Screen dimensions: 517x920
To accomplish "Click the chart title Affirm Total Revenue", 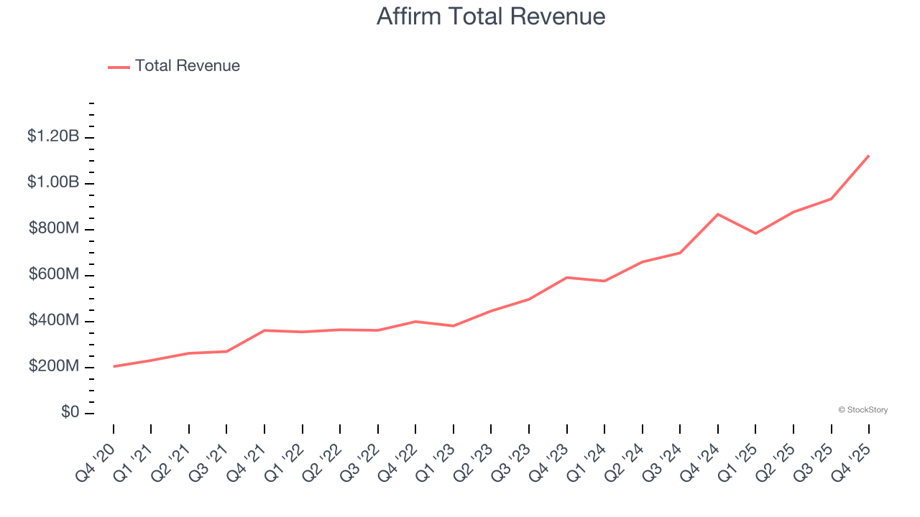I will coord(490,16).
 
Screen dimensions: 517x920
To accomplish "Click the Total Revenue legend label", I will coord(187,66).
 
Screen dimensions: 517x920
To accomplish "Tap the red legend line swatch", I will coord(119,67).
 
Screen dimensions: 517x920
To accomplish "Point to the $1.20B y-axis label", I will coord(53,136).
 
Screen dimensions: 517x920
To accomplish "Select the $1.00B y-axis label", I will coord(53,182).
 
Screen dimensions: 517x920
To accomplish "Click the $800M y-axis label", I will coord(55,228).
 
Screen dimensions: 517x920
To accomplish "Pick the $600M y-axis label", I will coord(55,274).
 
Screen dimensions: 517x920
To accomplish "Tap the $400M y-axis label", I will coord(55,320).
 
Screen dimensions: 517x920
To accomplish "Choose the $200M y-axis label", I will coord(55,366).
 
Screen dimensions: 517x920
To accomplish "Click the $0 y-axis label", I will coord(69,412).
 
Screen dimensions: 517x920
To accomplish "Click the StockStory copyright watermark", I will coord(862,410).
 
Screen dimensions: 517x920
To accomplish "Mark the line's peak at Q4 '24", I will coord(718,214).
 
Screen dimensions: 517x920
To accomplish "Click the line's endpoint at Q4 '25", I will coord(869,155).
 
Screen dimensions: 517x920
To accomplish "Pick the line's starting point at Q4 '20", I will coord(114,366).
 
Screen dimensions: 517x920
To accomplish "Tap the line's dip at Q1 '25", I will coord(755,233).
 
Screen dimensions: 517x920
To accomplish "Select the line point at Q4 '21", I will coord(264,330).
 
